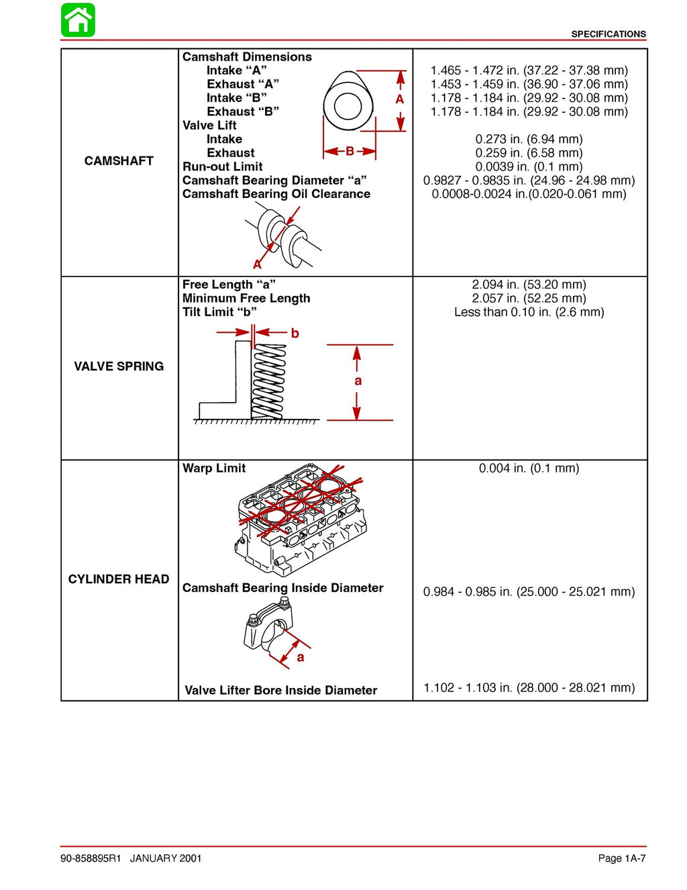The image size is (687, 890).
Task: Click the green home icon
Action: coord(78,20)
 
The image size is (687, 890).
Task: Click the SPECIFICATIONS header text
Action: coord(608,34)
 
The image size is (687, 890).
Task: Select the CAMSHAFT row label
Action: coord(119,161)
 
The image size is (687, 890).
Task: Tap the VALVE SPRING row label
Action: coord(119,366)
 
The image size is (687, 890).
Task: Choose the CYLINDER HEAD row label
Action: coord(119,579)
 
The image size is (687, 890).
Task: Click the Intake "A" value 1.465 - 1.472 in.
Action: coord(529,70)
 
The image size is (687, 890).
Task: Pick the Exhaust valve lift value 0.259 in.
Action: coord(529,153)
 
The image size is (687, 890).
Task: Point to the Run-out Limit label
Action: coord(222,166)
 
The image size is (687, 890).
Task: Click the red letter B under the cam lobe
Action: coord(350,152)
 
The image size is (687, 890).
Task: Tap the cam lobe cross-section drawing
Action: coord(347,105)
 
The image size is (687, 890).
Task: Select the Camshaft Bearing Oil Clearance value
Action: coord(529,194)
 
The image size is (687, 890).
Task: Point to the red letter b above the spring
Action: coord(295,334)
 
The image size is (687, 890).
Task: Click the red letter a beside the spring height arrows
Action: coord(358,381)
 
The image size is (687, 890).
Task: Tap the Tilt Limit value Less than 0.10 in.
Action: coord(529,312)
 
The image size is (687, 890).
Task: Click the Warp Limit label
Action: coord(214,468)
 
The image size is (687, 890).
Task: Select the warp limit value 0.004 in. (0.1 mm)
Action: coord(529,468)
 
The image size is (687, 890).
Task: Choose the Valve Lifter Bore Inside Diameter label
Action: coord(280,691)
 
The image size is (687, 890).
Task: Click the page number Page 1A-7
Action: coord(621,858)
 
